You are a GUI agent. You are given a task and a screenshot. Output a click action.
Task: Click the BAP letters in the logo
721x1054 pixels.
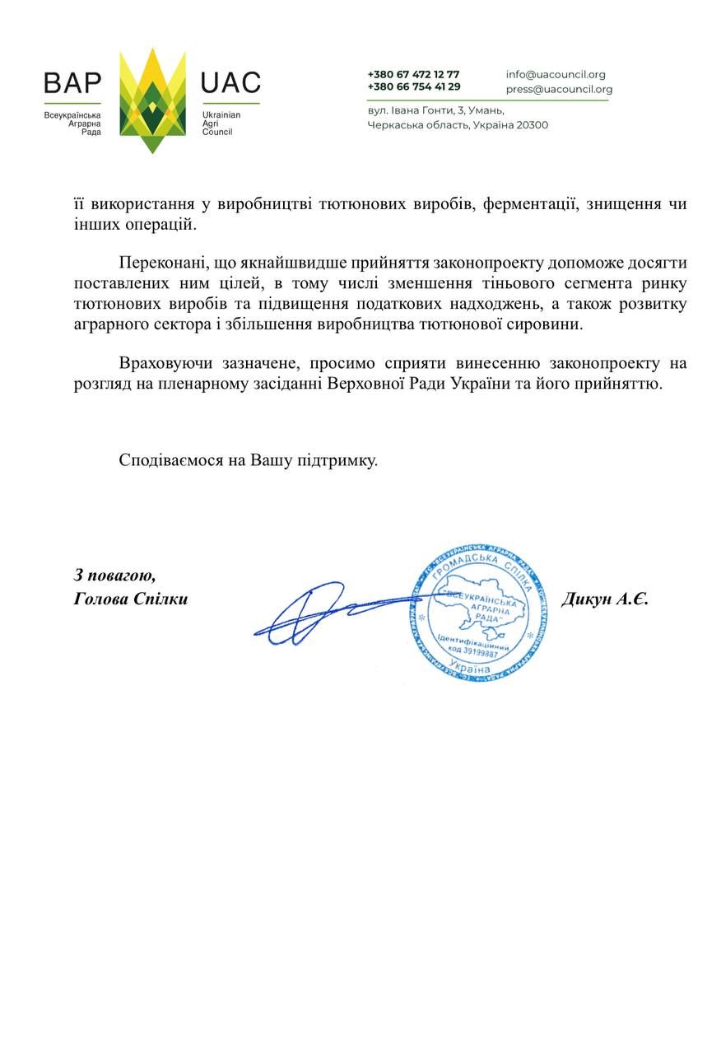pyautogui.click(x=72, y=83)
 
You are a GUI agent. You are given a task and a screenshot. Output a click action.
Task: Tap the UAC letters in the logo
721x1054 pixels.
pyautogui.click(x=230, y=83)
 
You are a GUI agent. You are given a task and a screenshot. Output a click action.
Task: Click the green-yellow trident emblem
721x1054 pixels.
pyautogui.click(x=152, y=100)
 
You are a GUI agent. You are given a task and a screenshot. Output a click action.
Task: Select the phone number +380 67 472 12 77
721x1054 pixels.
pyautogui.click(x=413, y=74)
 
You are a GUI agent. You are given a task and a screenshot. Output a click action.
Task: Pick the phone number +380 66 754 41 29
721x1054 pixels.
pyautogui.click(x=414, y=86)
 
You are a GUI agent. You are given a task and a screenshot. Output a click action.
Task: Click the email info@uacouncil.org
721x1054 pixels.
pyautogui.click(x=556, y=74)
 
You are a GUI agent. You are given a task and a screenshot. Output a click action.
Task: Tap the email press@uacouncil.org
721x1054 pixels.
pyautogui.click(x=559, y=89)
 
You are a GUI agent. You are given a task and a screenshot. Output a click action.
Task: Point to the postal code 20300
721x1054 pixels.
pyautogui.click(x=531, y=125)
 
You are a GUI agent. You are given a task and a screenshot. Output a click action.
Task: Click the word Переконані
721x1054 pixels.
pyautogui.click(x=161, y=264)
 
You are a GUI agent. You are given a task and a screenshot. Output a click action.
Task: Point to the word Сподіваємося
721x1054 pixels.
pyautogui.click(x=170, y=460)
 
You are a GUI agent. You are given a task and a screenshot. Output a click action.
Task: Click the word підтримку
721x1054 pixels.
pyautogui.click(x=337, y=460)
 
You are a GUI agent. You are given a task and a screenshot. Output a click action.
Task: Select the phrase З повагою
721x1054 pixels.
pyautogui.click(x=114, y=575)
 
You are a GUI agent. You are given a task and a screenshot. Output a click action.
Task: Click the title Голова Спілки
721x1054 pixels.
pyautogui.click(x=130, y=599)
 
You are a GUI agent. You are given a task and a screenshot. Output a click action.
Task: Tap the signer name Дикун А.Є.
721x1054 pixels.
pyautogui.click(x=605, y=599)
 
